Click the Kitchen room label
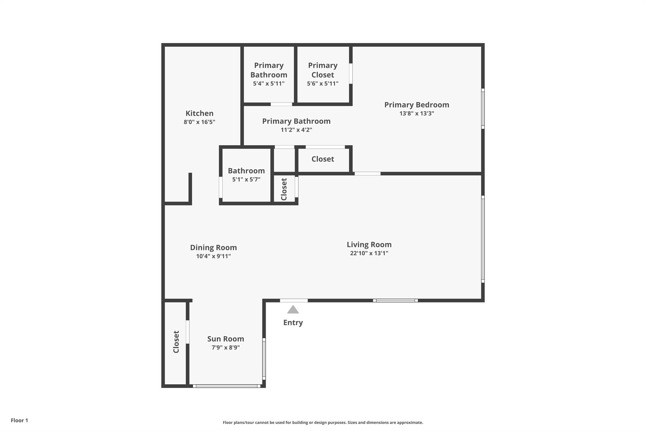tap(199, 113)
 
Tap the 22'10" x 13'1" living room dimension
tap(369, 253)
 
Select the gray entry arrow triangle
tap(293, 310)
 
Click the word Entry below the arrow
tap(293, 322)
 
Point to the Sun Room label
tap(226, 339)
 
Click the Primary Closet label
tap(323, 70)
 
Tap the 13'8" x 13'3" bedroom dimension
tap(417, 113)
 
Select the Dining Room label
tap(213, 248)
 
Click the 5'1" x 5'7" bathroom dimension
tap(246, 179)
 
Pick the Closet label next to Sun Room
tap(176, 342)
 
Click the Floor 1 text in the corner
tap(19, 420)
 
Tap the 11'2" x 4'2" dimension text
tap(296, 130)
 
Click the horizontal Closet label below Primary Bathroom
tap(323, 159)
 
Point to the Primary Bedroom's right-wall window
tap(483, 109)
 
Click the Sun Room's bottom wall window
tap(226, 386)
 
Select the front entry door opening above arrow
tap(294, 301)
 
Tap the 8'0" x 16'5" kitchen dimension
tap(199, 122)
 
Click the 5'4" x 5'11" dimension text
tap(269, 84)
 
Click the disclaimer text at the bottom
tap(323, 422)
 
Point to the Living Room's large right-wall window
tap(483, 239)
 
